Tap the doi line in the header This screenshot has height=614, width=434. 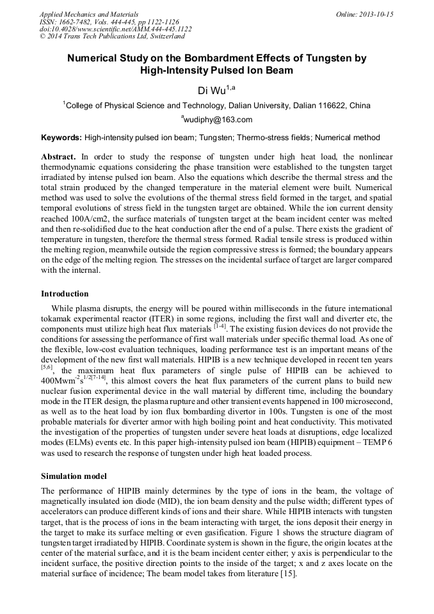click(115, 29)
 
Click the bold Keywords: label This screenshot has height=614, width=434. click(61, 138)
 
